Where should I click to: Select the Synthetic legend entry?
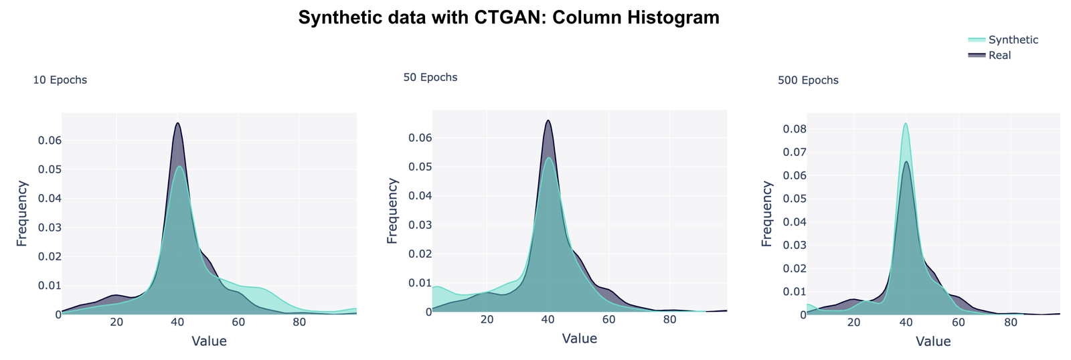[1013, 39]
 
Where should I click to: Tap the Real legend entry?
[999, 56]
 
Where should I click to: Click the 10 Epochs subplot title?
[60, 80]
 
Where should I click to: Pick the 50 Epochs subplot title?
[430, 78]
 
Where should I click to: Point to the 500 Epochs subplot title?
[808, 80]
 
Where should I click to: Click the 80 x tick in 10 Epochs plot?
[299, 322]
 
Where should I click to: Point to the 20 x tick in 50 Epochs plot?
[487, 319]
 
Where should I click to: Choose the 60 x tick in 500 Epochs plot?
[959, 322]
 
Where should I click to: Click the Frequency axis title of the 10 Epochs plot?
[22, 213]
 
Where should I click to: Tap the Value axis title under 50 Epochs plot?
[580, 339]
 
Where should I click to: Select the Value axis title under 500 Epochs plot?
[933, 341]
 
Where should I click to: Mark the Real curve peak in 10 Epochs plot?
[177, 123]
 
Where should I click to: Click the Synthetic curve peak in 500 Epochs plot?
[906, 123]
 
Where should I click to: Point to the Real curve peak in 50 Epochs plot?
[548, 120]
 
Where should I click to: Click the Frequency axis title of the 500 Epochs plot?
[767, 213]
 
